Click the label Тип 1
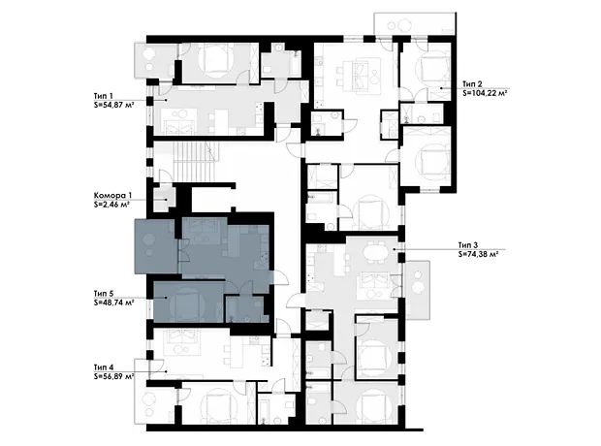click(x=104, y=96)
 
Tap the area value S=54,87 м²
click(x=113, y=105)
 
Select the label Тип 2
click(x=472, y=84)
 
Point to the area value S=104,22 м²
click(x=485, y=92)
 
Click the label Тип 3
click(x=468, y=245)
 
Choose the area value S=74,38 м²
click(x=478, y=253)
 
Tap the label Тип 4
click(x=104, y=367)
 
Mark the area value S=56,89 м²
click(x=113, y=376)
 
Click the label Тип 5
click(x=104, y=294)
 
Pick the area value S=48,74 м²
click(x=113, y=303)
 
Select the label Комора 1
click(x=110, y=196)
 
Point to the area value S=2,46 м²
click(x=111, y=205)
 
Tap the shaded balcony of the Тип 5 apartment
click(x=155, y=246)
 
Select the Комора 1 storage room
click(x=163, y=198)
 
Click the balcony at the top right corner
click(x=415, y=24)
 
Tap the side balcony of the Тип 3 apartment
click(x=417, y=290)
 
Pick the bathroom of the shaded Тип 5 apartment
click(x=245, y=308)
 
